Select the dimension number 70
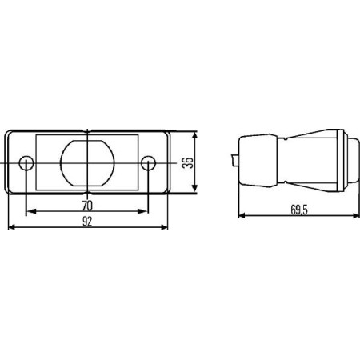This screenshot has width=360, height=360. [86, 205]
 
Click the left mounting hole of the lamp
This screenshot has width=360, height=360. [26, 163]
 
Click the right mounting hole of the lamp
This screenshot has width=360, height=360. [148, 163]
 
